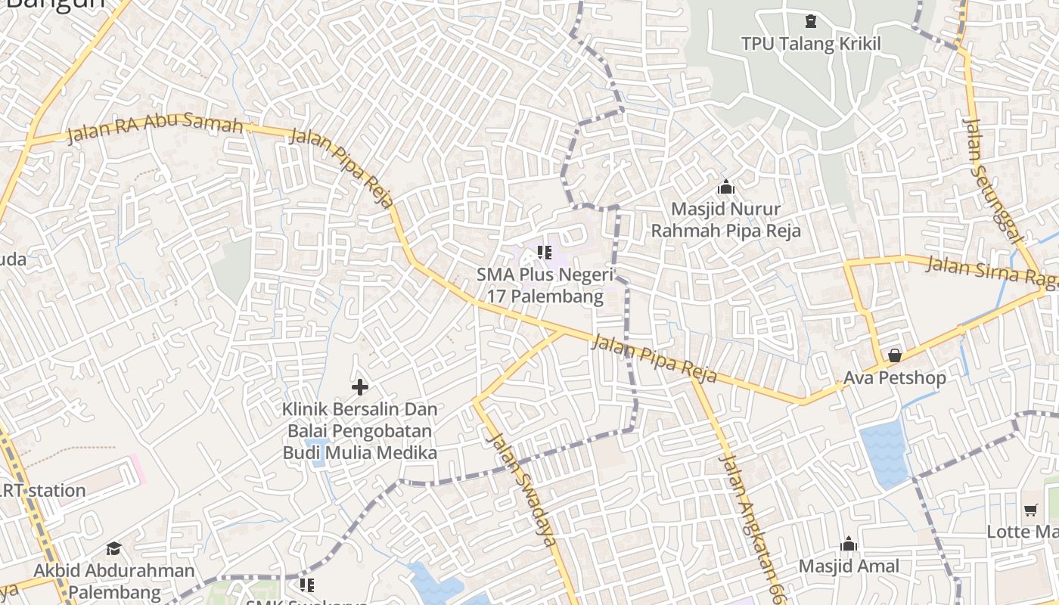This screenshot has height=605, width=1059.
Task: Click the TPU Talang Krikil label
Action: (x=811, y=44)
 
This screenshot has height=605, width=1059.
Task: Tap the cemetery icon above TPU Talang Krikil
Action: (x=811, y=21)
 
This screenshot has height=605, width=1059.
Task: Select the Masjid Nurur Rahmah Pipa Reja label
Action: (x=725, y=219)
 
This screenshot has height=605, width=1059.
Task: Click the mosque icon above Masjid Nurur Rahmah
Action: (x=726, y=186)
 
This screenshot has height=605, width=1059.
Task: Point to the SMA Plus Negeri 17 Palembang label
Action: (x=545, y=285)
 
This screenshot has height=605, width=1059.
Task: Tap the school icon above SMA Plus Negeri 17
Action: (x=544, y=252)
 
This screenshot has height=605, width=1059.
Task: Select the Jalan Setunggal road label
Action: (x=992, y=180)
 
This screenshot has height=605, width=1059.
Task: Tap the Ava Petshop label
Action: (x=895, y=377)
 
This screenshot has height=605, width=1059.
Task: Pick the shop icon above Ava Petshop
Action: (x=895, y=355)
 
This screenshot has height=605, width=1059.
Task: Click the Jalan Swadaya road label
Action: (x=523, y=489)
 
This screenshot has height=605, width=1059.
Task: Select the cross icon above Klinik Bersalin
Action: (x=360, y=387)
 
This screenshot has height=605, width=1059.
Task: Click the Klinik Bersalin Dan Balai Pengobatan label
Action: (x=360, y=431)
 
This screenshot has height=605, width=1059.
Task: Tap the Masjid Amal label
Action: (x=849, y=566)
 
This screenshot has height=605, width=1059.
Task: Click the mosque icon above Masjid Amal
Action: (x=849, y=544)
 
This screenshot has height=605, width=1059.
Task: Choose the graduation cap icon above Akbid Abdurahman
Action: (x=113, y=548)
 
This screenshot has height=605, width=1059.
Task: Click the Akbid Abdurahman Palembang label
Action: (x=114, y=581)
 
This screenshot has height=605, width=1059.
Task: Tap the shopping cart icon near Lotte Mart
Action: (x=1030, y=510)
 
